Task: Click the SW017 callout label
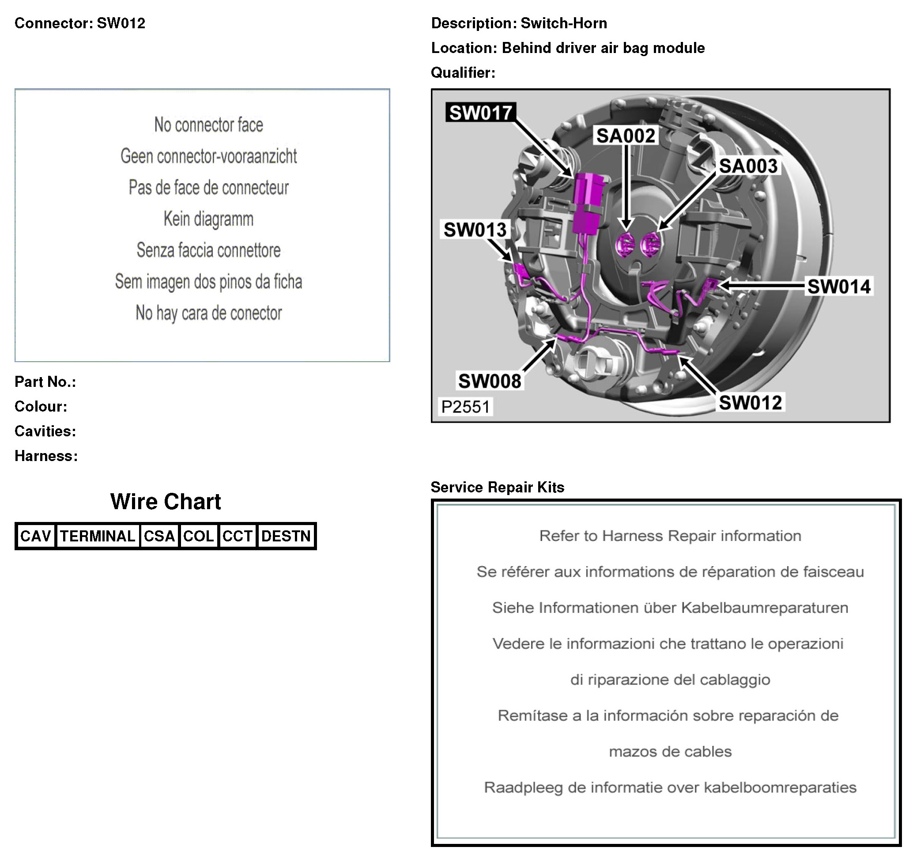tap(480, 113)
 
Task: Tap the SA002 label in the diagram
tap(626, 136)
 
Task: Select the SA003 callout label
tap(748, 166)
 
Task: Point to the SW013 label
tap(475, 229)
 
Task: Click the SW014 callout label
tap(838, 286)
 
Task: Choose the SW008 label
tap(490, 381)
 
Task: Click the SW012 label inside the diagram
tap(750, 402)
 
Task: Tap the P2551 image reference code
tap(465, 407)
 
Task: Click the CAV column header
tap(35, 536)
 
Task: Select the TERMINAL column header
tap(98, 536)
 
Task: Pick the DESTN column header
tap(286, 536)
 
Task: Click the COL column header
tap(198, 536)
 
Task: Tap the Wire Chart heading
tap(165, 501)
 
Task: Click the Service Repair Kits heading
tap(498, 487)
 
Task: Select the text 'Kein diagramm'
tap(208, 219)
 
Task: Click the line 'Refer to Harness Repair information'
tap(670, 536)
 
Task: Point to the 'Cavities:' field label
tap(45, 431)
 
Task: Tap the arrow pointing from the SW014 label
tap(762, 285)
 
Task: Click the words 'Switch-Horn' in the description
tap(563, 23)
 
